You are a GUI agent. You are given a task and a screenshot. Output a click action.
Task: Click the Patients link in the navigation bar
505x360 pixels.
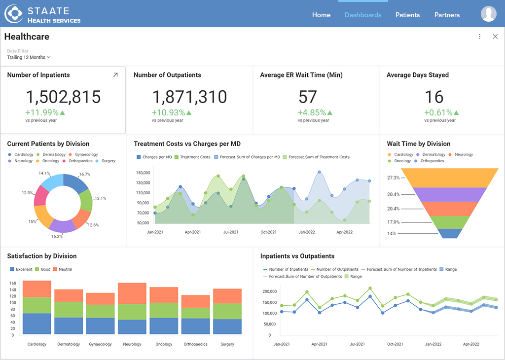click(x=407, y=15)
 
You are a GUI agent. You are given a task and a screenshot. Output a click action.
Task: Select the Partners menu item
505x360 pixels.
click(x=447, y=15)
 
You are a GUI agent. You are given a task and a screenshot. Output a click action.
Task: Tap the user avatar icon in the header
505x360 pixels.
click(x=488, y=14)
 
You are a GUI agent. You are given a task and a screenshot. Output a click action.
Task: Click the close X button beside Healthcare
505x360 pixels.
click(x=495, y=36)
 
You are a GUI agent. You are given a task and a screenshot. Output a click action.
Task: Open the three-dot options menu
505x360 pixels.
click(x=480, y=36)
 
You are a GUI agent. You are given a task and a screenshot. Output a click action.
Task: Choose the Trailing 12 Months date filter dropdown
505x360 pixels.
click(x=29, y=57)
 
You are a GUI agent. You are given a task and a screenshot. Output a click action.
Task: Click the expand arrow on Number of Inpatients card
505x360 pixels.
click(x=115, y=75)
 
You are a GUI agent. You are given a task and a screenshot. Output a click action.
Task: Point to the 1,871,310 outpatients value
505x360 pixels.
click(x=189, y=97)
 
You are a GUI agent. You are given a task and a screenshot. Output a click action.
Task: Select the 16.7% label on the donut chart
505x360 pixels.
click(x=84, y=174)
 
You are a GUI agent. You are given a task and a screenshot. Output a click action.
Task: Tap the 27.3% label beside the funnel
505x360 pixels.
click(x=393, y=178)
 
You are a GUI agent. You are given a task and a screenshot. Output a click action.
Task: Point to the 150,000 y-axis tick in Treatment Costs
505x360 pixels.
click(x=143, y=173)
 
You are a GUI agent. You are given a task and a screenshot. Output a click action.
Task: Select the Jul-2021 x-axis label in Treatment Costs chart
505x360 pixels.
click(x=230, y=232)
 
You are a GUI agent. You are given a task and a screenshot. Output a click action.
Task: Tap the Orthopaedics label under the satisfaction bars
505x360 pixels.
click(x=195, y=344)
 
